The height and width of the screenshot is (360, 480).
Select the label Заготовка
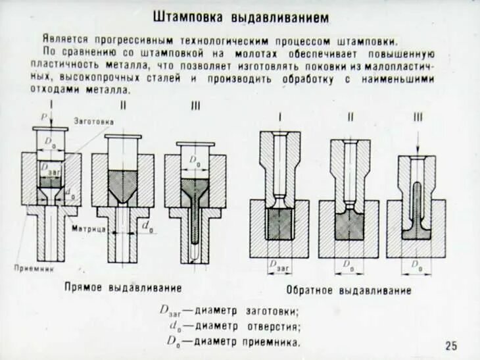pyautogui.click(x=93, y=122)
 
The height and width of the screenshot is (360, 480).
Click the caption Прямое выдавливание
pyautogui.click(x=123, y=288)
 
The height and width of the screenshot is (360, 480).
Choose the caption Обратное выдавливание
pyautogui.click(x=348, y=290)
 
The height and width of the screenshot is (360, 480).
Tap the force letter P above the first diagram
pyautogui.click(x=45, y=116)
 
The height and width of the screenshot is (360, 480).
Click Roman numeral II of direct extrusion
pyautogui.click(x=123, y=105)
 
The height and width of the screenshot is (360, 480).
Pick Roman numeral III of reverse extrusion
pyautogui.click(x=418, y=117)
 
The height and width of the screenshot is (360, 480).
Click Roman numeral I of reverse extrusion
pyautogui.click(x=279, y=117)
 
